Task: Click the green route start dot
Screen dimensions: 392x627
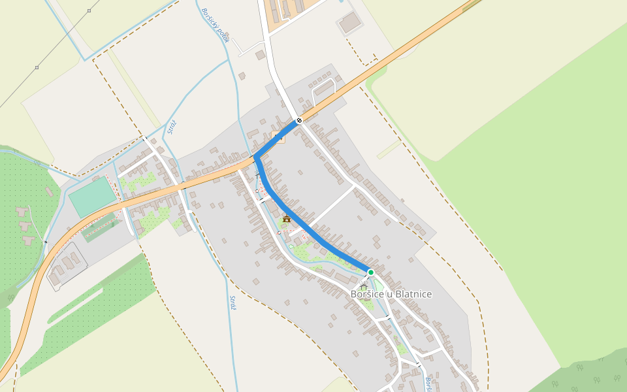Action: [370, 272]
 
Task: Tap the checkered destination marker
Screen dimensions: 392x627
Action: [299, 120]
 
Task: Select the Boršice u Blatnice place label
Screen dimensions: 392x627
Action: [391, 294]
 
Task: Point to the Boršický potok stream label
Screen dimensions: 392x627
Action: [216, 25]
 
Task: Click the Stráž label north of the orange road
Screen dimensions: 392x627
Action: [171, 126]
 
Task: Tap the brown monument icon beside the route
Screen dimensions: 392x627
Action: [286, 219]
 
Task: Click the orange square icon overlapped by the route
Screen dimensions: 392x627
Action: [278, 137]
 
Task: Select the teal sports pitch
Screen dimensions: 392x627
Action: [91, 196]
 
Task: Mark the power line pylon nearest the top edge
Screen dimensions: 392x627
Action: [89, 10]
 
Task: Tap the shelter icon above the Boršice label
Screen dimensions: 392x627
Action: [364, 287]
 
